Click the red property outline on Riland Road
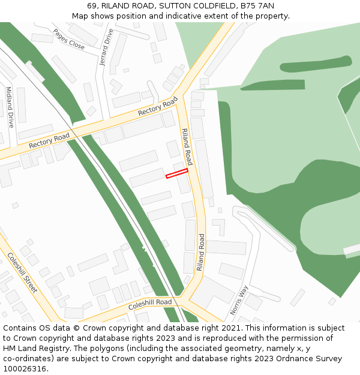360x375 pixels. point(177,173)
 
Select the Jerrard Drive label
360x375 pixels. point(106,47)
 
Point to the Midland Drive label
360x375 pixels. point(10,107)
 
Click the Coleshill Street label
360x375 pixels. point(22,272)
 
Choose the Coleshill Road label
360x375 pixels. point(150,305)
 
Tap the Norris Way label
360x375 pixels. point(239,300)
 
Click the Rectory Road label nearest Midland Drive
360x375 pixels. point(49,142)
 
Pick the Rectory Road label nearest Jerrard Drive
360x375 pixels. point(158,106)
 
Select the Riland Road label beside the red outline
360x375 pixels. point(187,146)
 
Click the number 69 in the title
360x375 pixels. point(92,6)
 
